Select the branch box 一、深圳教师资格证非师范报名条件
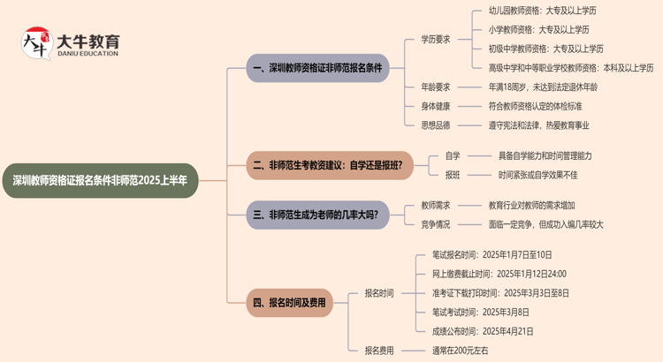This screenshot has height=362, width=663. click(317, 68)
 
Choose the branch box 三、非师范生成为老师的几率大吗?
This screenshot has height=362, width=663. click(317, 215)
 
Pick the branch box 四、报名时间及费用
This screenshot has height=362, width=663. click(290, 303)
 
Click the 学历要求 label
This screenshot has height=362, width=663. click(435, 39)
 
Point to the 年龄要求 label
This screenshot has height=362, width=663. click(435, 87)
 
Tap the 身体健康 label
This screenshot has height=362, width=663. click(435, 106)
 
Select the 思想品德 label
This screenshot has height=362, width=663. click(435, 125)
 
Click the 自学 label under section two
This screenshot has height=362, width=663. click(453, 155)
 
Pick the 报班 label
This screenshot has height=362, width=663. click(453, 175)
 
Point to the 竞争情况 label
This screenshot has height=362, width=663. click(435, 224)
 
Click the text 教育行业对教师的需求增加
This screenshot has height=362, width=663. click(544, 205)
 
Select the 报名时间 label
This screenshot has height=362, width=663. click(379, 293)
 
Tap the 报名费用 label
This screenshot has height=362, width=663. click(379, 351)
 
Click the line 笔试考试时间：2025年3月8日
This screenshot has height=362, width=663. click(481, 312)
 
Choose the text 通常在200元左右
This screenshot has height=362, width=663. click(461, 351)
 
